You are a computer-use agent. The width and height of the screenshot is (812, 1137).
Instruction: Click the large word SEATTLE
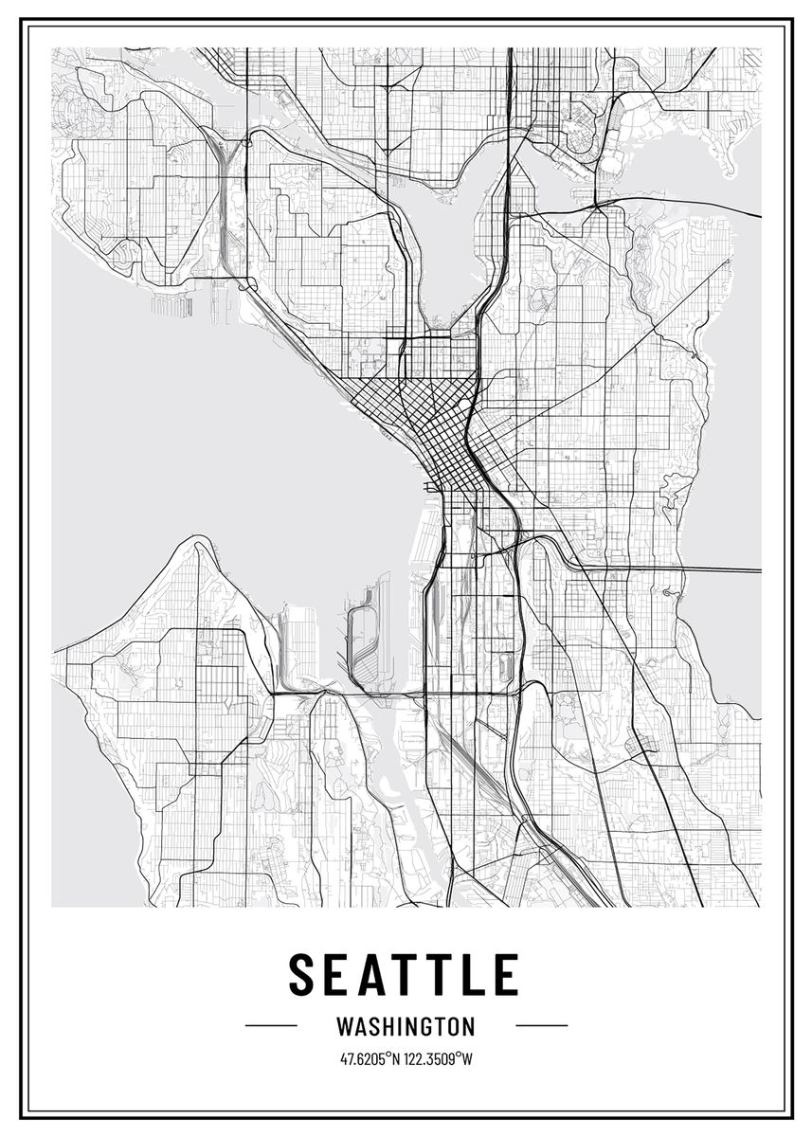(405, 975)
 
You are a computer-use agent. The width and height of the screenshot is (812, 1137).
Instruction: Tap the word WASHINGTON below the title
(406, 1026)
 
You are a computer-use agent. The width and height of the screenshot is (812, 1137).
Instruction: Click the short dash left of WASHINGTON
(271, 1025)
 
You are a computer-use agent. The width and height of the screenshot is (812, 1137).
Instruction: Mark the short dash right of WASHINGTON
(541, 1025)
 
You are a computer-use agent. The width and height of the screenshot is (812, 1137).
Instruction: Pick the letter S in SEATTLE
(302, 975)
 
